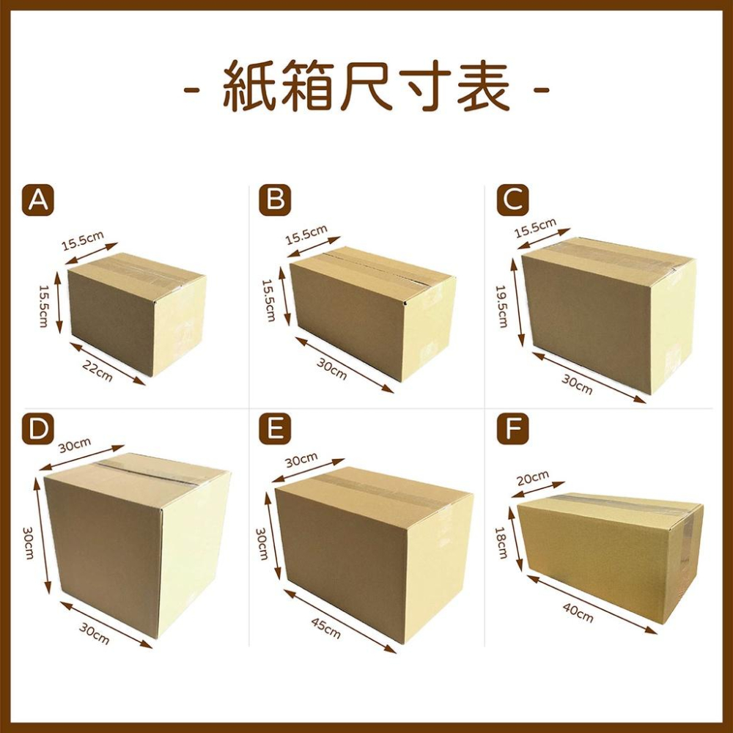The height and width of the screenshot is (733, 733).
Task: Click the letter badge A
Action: pyautogui.click(x=38, y=200)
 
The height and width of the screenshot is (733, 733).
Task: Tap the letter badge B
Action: pyautogui.click(x=275, y=200)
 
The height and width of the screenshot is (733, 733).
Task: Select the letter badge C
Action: pyautogui.click(x=513, y=200)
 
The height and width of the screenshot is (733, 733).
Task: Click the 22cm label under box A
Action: pyautogui.click(x=97, y=371)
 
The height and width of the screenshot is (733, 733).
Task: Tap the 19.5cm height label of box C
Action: pyautogui.click(x=502, y=306)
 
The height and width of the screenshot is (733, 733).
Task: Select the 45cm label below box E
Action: pyautogui.click(x=326, y=628)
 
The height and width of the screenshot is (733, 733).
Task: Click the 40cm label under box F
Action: pyautogui.click(x=578, y=613)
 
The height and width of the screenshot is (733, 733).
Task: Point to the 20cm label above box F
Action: pyautogui.click(x=533, y=477)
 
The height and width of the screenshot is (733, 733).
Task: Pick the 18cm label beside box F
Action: pyautogui.click(x=501, y=542)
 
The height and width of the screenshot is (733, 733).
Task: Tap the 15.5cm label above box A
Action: pyautogui.click(x=83, y=240)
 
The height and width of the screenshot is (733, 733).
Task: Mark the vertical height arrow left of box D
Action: pyautogui.click(x=42, y=535)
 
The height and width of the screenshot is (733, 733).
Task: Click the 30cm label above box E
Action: pyautogui.click(x=301, y=460)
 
